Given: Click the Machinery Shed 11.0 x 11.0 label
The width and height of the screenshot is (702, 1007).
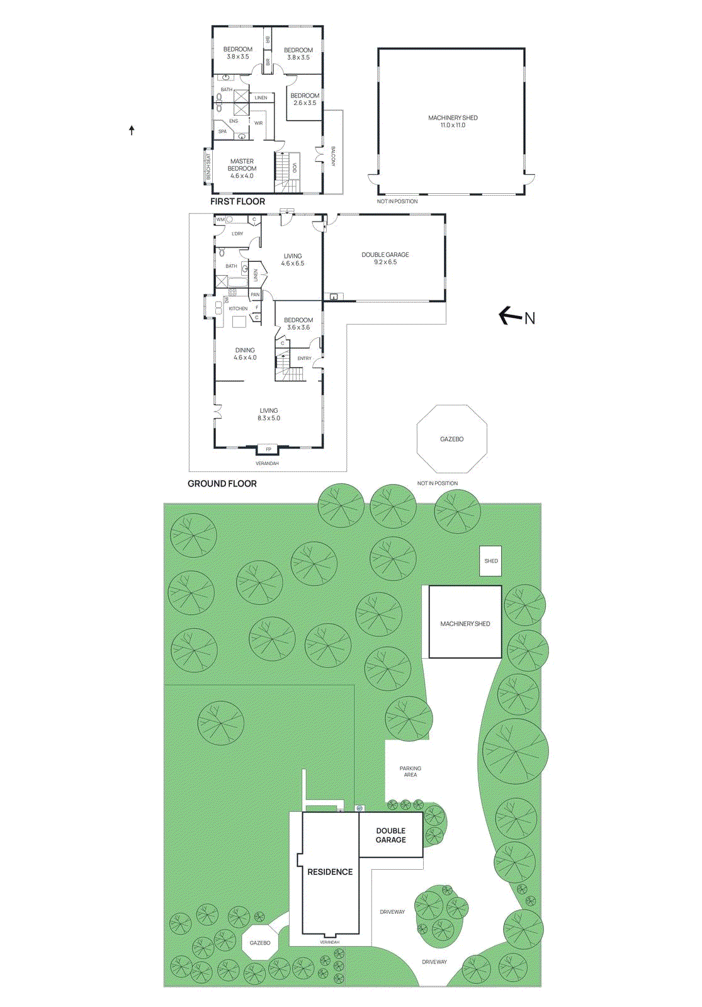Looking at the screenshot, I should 453,121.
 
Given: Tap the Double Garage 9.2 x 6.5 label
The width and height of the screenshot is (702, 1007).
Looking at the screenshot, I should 385,258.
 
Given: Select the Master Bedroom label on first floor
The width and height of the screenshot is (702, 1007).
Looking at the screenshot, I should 242,168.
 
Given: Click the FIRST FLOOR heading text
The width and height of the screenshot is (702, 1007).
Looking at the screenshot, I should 237,201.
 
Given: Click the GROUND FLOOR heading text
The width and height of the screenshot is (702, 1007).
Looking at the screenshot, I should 222,483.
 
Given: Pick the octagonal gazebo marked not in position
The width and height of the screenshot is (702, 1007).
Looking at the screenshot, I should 451,439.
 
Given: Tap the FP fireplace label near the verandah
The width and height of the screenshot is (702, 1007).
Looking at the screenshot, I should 268,449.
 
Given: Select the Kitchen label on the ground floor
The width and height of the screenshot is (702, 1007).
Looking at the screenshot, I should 238,308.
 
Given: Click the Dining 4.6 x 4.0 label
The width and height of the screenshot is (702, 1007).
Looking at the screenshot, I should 245,354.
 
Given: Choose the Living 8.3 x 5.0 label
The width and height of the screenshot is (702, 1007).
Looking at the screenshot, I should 268,414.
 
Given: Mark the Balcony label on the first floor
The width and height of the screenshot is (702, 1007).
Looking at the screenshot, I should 334,156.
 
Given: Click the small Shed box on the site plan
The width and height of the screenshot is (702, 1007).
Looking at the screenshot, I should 490,561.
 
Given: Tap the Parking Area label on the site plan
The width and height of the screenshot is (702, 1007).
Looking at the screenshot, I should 410,772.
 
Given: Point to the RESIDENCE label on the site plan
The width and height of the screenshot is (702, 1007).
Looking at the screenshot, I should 330,872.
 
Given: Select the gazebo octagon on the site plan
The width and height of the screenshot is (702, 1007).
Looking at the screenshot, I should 260,942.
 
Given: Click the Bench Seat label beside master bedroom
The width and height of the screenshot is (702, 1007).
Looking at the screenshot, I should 208,167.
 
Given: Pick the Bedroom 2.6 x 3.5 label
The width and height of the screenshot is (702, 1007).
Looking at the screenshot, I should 305,99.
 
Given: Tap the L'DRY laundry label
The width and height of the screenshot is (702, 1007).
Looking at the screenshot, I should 237,233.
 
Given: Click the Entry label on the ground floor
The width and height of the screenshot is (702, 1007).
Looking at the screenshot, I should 304,358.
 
